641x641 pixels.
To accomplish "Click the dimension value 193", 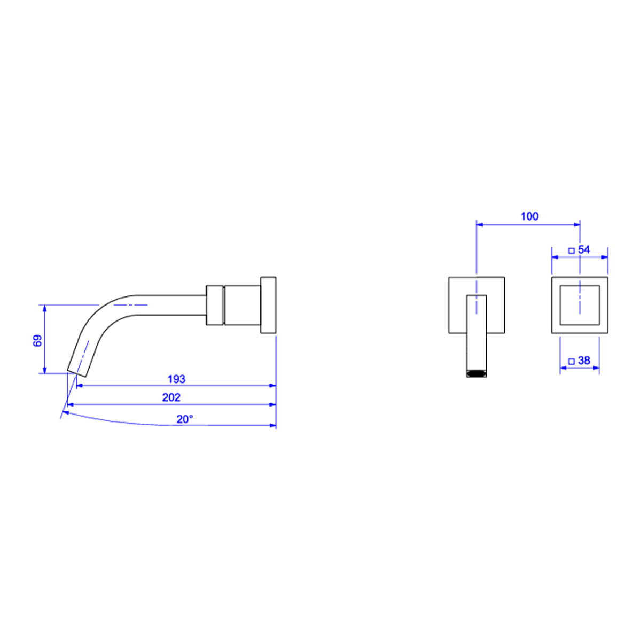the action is pyautogui.click(x=176, y=379).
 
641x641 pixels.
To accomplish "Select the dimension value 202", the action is pyautogui.click(x=171, y=397).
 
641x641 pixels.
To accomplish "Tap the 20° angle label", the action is pyautogui.click(x=185, y=419).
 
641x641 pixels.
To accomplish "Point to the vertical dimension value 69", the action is pyautogui.click(x=37, y=341).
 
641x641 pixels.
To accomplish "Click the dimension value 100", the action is pyautogui.click(x=529, y=216).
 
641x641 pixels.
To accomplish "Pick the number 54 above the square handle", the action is pyautogui.click(x=584, y=250).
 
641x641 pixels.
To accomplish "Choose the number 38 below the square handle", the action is pyautogui.click(x=584, y=361).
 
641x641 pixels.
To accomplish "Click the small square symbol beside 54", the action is pyautogui.click(x=571, y=251).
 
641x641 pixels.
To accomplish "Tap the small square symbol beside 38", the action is pyautogui.click(x=571, y=361).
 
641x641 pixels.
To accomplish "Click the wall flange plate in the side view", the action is pyautogui.click(x=268, y=304).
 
